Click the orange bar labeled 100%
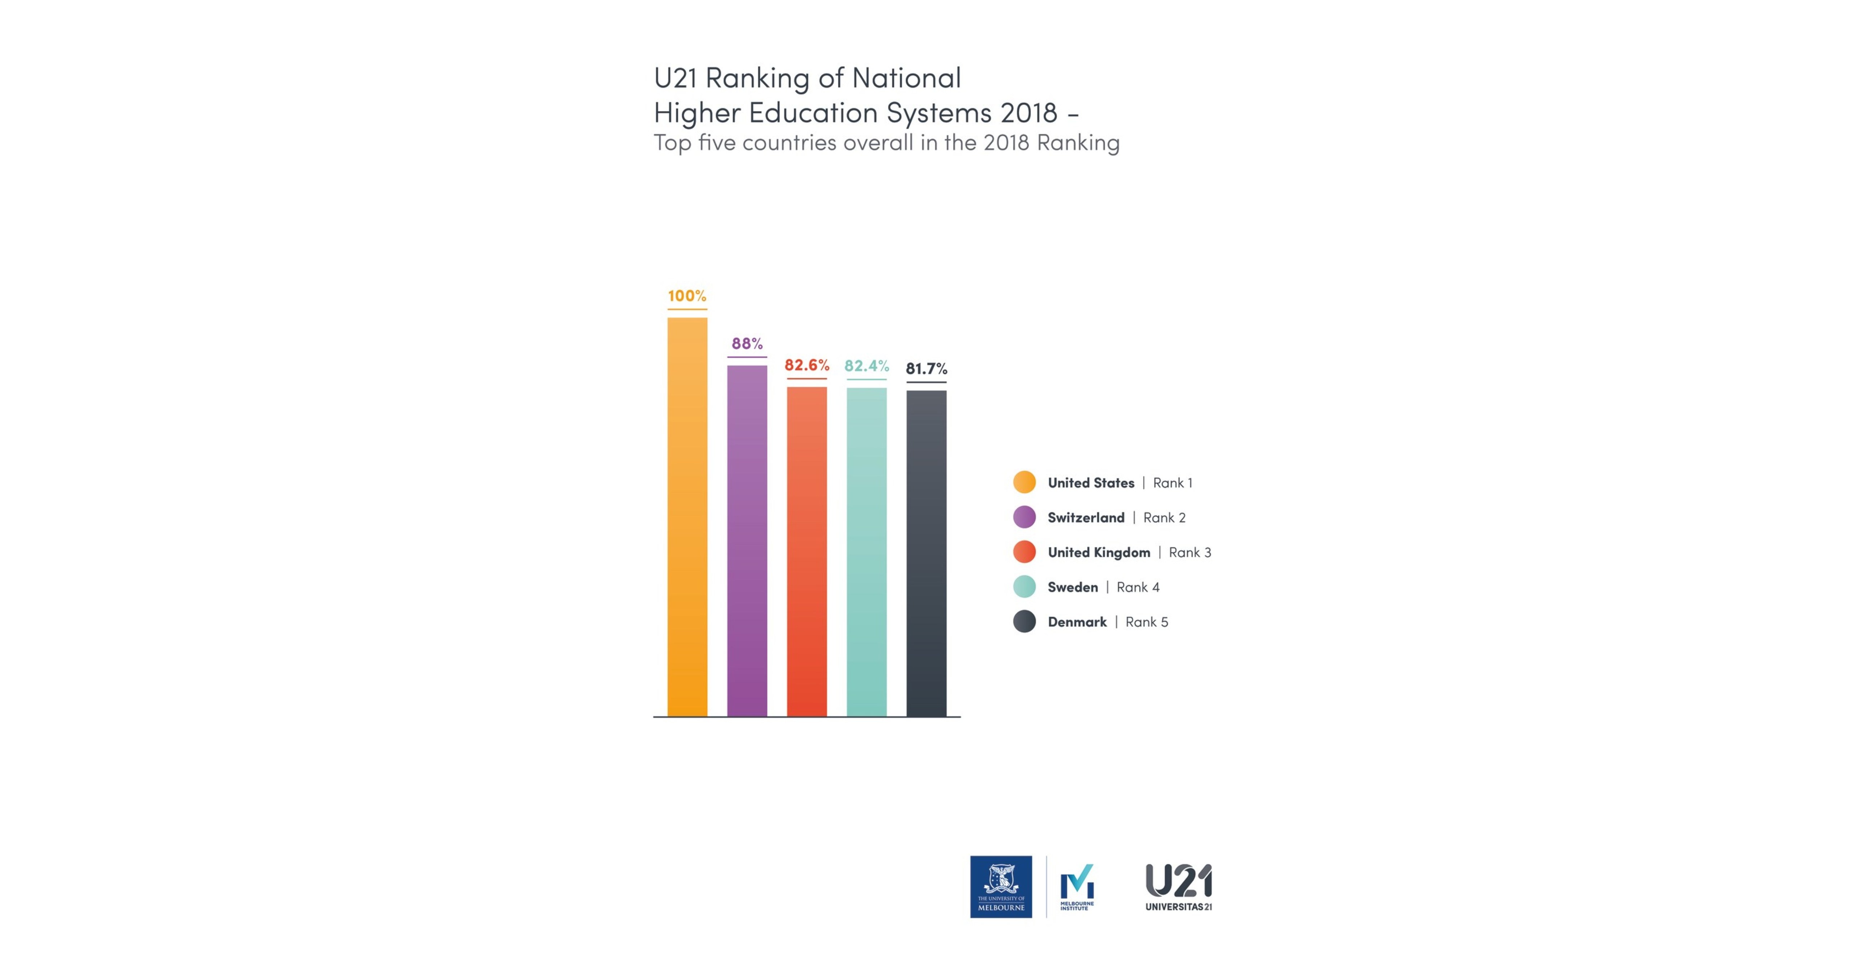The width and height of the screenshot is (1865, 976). tap(687, 517)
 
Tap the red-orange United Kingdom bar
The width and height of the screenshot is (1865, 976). tap(806, 552)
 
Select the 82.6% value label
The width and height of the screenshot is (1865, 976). tap(806, 365)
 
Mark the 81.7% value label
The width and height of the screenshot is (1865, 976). tap(926, 368)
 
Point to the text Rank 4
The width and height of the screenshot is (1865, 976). tap(1137, 587)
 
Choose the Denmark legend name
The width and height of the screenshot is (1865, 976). tap(1077, 622)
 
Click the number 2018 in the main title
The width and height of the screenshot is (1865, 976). tap(1029, 113)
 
